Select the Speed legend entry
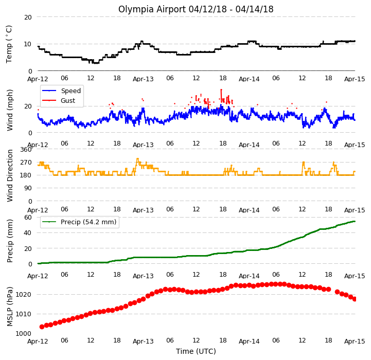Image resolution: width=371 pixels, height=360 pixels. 62,91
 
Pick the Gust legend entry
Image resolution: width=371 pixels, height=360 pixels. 59,100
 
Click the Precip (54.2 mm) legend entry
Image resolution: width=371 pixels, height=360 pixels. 79,222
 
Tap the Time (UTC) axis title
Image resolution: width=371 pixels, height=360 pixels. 196,351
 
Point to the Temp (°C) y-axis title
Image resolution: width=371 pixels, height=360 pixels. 9,44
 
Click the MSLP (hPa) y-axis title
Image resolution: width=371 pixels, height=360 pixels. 9,307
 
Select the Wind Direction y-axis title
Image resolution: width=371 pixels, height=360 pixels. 10,175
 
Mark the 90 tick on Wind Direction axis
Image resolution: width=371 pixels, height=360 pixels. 28,188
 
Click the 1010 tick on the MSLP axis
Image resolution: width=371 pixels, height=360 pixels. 24,314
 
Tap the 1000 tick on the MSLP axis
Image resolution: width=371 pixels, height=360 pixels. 24,333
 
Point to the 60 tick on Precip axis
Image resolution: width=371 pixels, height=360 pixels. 28,217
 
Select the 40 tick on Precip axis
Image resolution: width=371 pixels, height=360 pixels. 28,233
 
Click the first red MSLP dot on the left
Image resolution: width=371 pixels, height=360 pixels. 42,327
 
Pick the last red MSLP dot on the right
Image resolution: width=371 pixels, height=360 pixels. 355,299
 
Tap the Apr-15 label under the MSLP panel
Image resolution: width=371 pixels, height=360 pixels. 355,341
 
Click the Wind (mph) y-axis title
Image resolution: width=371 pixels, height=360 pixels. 10,110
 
